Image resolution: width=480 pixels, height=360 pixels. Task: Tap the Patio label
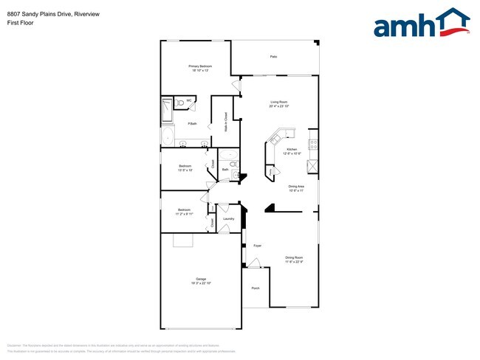coord(273,57)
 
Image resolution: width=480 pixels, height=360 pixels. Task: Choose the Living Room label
coord(278,102)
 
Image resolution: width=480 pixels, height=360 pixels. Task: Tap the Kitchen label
coord(291,149)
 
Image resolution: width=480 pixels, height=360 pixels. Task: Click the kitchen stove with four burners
coord(313,144)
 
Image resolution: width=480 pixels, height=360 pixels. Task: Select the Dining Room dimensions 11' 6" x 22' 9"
coord(294,262)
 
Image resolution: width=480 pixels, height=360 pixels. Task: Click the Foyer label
coord(258,245)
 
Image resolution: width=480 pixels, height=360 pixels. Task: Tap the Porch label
coord(256,288)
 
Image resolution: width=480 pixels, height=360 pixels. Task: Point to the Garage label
coord(200,278)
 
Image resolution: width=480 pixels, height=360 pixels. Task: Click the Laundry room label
coord(228,218)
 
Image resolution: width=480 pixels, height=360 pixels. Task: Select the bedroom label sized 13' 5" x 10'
coord(185,167)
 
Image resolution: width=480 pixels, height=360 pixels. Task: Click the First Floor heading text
coord(20,22)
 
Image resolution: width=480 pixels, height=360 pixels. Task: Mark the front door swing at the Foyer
coord(253,263)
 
